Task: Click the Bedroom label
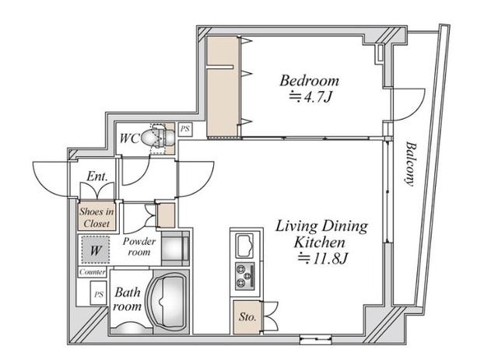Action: coord(309,81)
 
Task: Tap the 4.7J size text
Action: coord(310,97)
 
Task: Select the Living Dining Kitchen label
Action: coord(321,234)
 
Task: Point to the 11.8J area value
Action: coord(323,259)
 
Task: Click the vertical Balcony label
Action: coord(411,164)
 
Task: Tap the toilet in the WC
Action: coord(158,138)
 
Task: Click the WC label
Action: coord(130,138)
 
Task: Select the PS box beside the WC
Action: coord(185,129)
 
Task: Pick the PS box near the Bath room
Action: coord(99,293)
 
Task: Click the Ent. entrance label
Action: coord(97,177)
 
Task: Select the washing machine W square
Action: coord(95,250)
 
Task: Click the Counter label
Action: coord(92,272)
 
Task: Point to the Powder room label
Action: coord(139,246)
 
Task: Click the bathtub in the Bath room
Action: coord(167,301)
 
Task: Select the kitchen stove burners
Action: coord(245,276)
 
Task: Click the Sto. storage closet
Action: coord(247,316)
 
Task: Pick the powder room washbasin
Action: coord(176,248)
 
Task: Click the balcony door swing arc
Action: coord(414,110)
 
